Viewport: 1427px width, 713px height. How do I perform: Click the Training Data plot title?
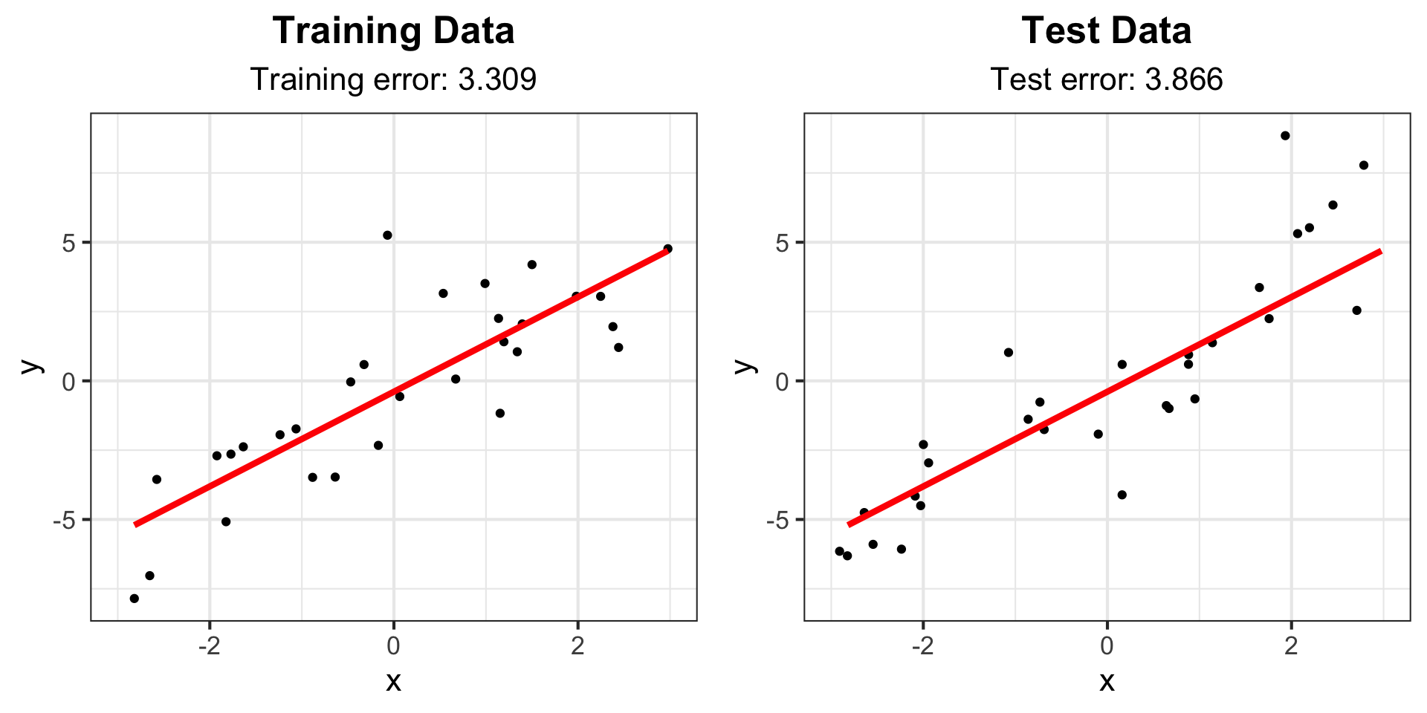point(393,31)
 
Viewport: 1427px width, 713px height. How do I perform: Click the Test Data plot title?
point(1106,31)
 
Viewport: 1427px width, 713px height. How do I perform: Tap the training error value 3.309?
point(497,79)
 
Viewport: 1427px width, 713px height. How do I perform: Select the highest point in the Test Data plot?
point(1285,136)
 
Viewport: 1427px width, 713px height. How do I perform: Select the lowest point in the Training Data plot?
point(134,599)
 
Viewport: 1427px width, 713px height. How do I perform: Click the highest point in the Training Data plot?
point(387,235)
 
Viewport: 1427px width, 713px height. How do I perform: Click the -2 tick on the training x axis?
point(209,645)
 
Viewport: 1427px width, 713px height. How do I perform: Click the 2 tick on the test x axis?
point(1291,645)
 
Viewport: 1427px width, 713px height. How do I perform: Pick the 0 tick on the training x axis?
point(393,645)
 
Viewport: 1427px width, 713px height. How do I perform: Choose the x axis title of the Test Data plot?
point(1107,681)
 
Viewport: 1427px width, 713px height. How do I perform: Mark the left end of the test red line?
point(850,524)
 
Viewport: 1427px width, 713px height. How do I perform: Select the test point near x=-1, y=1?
point(1009,353)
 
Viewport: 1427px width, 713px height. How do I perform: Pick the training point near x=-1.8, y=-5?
point(226,522)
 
